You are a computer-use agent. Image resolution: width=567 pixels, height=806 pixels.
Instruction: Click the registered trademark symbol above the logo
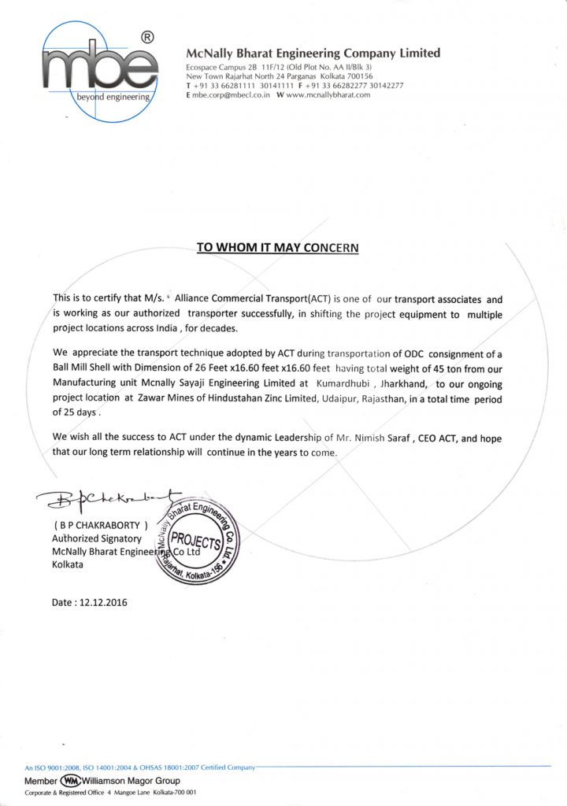click(x=146, y=37)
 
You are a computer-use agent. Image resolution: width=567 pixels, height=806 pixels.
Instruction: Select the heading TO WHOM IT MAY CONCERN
click(x=277, y=247)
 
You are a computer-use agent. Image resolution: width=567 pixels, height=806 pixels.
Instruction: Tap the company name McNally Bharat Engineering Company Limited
click(x=313, y=54)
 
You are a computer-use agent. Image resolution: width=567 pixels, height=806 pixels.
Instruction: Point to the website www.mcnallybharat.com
click(x=329, y=94)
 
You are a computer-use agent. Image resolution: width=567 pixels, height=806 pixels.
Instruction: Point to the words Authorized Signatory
click(x=96, y=538)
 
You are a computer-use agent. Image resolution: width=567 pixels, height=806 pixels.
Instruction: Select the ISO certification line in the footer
click(x=139, y=766)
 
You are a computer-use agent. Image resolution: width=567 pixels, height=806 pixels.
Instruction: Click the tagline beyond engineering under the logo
click(x=113, y=97)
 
